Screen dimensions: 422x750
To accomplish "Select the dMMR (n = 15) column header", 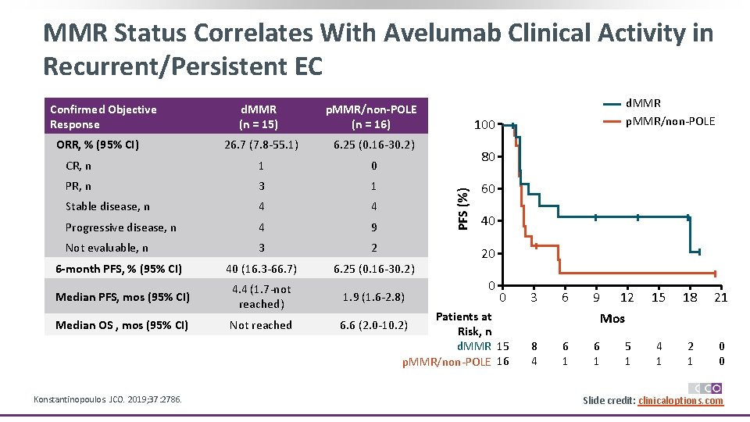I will click(x=258, y=116).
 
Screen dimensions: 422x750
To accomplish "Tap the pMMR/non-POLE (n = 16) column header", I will click(x=371, y=116).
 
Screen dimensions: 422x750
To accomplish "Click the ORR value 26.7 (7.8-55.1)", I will click(x=261, y=145).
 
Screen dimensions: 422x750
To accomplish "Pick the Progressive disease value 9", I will click(x=373, y=227).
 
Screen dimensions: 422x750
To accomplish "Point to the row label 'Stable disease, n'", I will click(x=107, y=206).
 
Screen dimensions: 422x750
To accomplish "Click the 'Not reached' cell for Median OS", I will click(x=261, y=325).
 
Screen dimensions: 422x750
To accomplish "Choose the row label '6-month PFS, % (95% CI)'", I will click(x=119, y=269).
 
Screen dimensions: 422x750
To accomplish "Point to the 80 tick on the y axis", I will click(x=487, y=157).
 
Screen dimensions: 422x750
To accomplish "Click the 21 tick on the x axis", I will click(x=721, y=298).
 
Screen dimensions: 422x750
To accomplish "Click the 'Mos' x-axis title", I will click(x=612, y=319).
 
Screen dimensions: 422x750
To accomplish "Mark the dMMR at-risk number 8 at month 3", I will click(x=534, y=345).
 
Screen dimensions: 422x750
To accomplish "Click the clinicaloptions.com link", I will click(x=680, y=400).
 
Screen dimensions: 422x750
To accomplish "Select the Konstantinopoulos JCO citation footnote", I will click(x=108, y=399).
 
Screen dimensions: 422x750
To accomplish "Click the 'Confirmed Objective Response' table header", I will click(x=103, y=116).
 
